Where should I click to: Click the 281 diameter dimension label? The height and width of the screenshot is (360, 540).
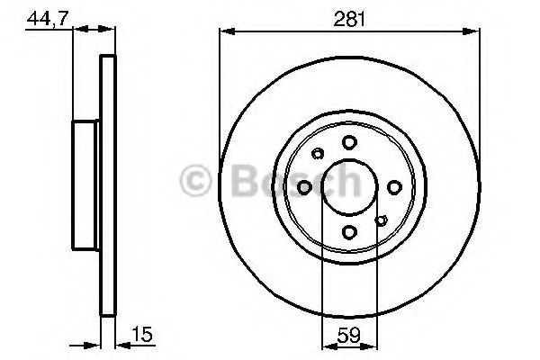point(349,19)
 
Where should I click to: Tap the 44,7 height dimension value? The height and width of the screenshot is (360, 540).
point(48,18)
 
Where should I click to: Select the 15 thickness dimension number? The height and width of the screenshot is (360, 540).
point(141,334)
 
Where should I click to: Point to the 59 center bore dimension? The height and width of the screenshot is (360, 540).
point(349,335)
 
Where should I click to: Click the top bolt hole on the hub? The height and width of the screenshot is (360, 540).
point(349,142)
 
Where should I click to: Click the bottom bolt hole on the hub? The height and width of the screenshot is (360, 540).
point(349,232)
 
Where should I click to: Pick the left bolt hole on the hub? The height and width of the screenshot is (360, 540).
point(304,187)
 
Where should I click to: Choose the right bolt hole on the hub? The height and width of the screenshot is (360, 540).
point(394,187)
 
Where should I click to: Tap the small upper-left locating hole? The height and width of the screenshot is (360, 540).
point(318,153)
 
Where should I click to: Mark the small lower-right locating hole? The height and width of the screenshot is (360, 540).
point(381,220)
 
